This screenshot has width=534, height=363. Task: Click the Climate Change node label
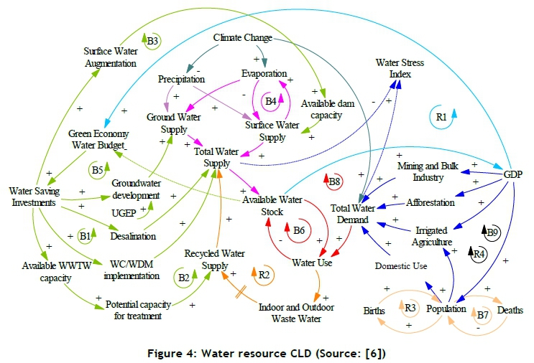pyautogui.click(x=243, y=37)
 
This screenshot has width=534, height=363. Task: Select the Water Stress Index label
pyautogui.click(x=400, y=68)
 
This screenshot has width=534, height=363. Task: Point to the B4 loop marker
pyautogui.click(x=270, y=101)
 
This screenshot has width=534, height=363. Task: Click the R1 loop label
pyautogui.click(x=442, y=115)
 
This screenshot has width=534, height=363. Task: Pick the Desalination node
pyautogui.click(x=133, y=235)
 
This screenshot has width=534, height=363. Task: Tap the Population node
pyautogui.click(x=447, y=309)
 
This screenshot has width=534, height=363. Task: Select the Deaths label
pyautogui.click(x=510, y=310)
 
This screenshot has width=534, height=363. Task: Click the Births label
pyautogui.click(x=374, y=311)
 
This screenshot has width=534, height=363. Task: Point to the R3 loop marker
pyautogui.click(x=410, y=308)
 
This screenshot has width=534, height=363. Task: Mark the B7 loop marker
pyautogui.click(x=482, y=313)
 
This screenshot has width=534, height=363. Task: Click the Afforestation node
pyautogui.click(x=431, y=202)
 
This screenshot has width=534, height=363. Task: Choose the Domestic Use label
pyautogui.click(x=400, y=266)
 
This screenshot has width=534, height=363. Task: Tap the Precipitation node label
pyautogui.click(x=181, y=80)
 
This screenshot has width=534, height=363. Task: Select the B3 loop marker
pyautogui.click(x=152, y=42)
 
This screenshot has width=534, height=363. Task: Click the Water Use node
pyautogui.click(x=310, y=262)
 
